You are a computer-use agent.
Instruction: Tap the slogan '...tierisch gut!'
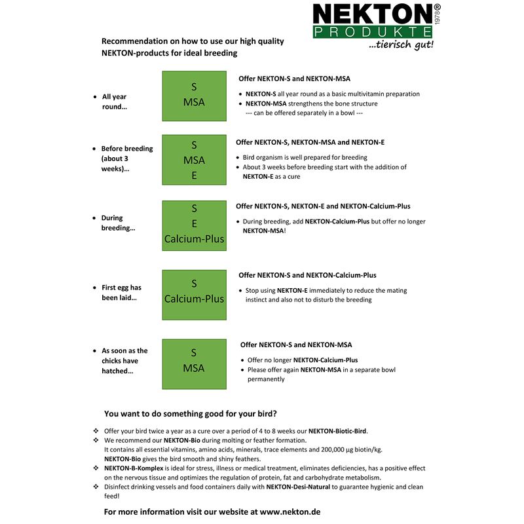click(x=401, y=45)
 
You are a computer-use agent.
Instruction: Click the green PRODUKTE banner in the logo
click(x=372, y=32)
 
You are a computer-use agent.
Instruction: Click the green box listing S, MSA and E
click(x=194, y=160)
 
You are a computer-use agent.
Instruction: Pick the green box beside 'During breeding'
click(x=194, y=223)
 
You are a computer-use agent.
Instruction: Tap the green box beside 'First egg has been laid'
click(x=194, y=291)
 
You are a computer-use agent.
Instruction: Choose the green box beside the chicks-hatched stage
click(x=194, y=360)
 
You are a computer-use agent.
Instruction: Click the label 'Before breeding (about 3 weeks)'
click(x=126, y=159)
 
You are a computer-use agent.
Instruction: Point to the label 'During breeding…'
click(x=118, y=223)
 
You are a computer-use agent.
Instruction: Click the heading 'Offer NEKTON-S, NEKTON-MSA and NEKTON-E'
click(x=310, y=141)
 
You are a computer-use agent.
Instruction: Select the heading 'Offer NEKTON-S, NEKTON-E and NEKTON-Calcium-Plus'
click(x=323, y=206)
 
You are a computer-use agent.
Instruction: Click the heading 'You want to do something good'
click(x=190, y=413)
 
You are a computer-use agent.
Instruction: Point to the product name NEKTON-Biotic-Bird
click(x=337, y=431)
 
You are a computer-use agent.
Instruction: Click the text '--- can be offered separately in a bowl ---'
click(x=304, y=113)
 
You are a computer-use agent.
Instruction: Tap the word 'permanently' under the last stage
click(x=266, y=379)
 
